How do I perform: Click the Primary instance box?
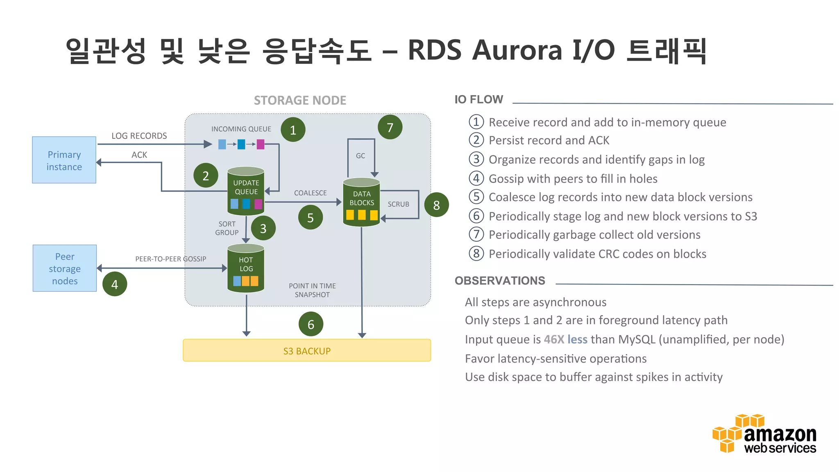click(64, 160)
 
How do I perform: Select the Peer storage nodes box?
click(65, 268)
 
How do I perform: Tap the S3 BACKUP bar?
click(307, 351)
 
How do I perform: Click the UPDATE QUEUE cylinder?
click(246, 191)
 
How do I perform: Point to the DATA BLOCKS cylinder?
click(361, 202)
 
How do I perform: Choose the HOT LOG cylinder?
click(246, 268)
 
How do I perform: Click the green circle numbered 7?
click(390, 127)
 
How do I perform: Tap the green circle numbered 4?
click(115, 284)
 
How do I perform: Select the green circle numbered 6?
click(311, 324)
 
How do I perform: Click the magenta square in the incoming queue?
click(261, 144)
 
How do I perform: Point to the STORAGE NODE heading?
click(300, 100)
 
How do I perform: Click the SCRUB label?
click(398, 204)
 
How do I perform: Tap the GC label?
click(361, 156)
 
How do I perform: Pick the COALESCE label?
click(310, 193)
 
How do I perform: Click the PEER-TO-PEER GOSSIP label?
click(171, 259)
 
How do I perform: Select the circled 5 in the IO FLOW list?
click(476, 197)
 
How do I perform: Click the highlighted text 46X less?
click(565, 339)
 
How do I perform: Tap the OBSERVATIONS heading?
click(500, 281)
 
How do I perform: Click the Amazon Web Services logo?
click(764, 434)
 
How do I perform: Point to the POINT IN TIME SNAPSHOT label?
click(312, 290)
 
